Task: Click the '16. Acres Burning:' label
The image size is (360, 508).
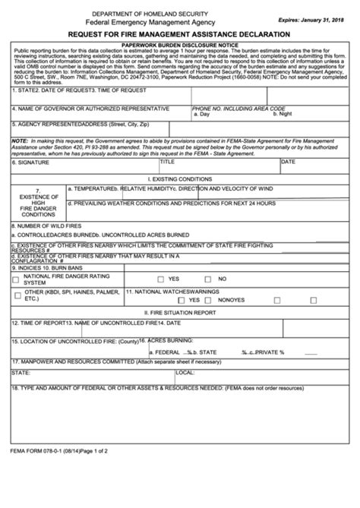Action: point(166,341)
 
